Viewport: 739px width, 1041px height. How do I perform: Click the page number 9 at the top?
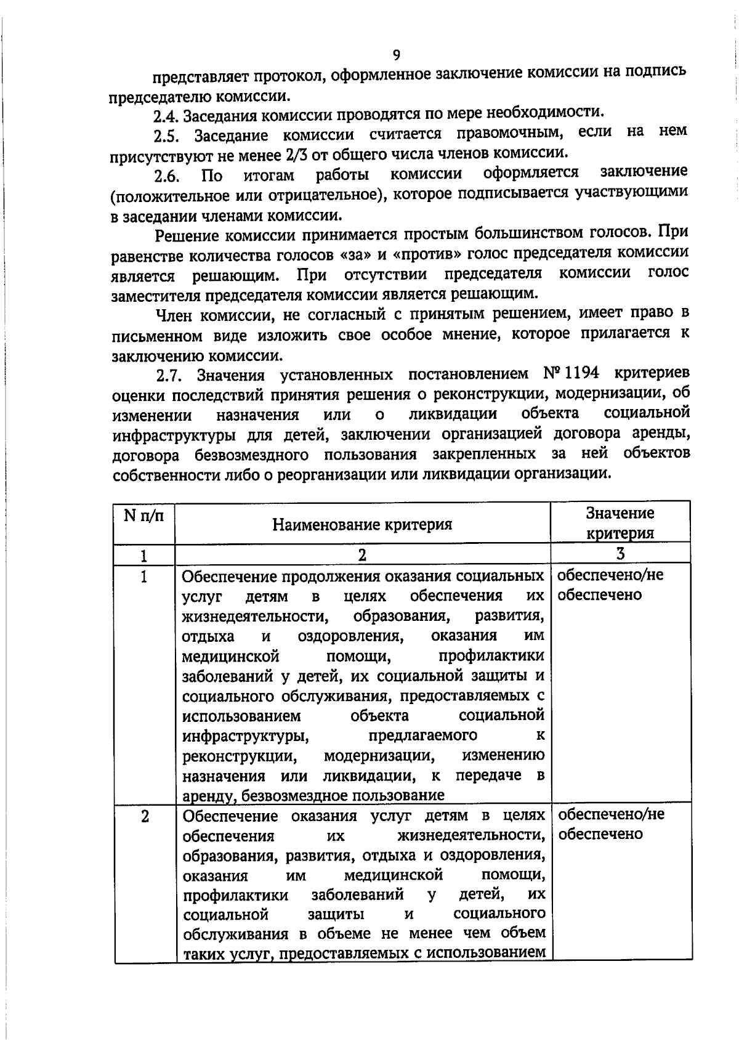396,55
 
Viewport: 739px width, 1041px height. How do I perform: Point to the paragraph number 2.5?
167,136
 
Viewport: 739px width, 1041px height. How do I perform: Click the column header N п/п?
144,515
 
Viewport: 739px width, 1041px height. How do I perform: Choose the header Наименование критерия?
362,524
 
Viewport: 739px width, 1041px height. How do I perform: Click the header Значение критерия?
620,523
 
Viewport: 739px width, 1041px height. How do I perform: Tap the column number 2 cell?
362,554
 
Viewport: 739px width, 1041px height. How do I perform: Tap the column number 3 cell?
620,553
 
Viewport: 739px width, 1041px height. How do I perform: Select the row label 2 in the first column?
144,817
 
